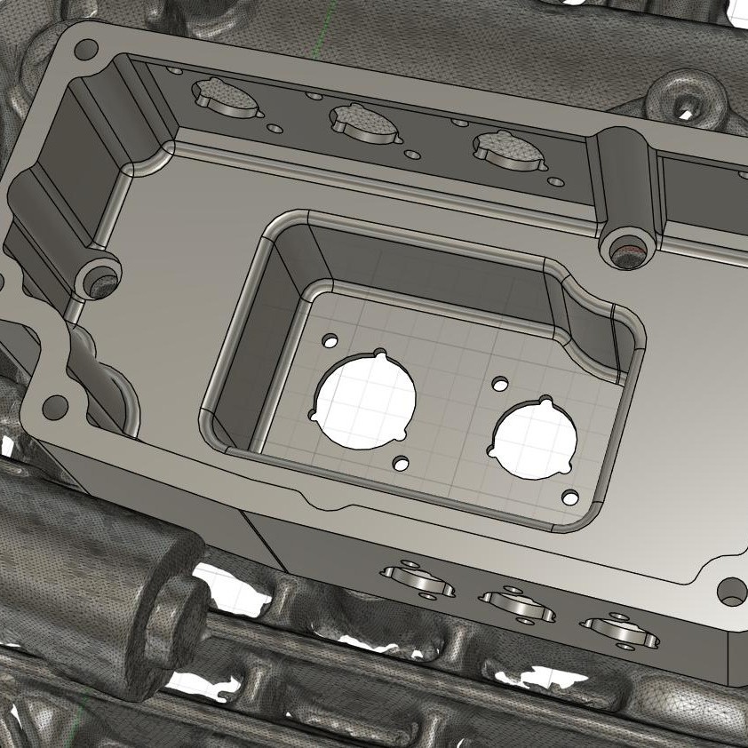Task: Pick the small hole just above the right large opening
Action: click(500, 384)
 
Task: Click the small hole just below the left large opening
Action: click(402, 464)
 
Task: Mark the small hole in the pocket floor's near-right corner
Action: click(570, 497)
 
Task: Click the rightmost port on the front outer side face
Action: click(619, 628)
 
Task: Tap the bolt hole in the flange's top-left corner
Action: click(86, 50)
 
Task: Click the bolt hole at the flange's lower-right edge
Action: click(732, 592)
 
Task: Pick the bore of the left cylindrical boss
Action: click(104, 285)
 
